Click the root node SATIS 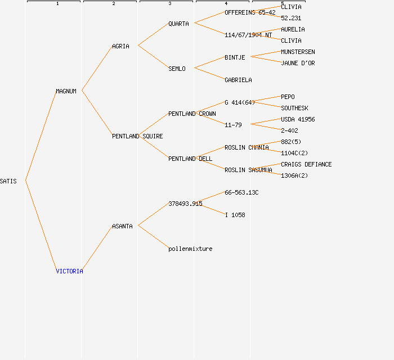(8, 181)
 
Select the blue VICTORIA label (69, 271)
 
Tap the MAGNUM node (66, 91)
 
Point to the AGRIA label (120, 46)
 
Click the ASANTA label (122, 226)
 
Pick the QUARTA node (179, 24)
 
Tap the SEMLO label (177, 69)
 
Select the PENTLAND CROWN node (192, 114)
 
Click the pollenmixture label (190, 249)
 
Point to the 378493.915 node (185, 204)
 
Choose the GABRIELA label (238, 80)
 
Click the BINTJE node (235, 57)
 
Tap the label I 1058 (235, 215)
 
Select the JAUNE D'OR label (298, 63)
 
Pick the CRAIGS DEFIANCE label (306, 164)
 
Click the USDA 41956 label (298, 119)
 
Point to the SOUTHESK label (294, 108)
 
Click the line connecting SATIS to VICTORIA (41, 225)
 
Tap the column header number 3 (169, 4)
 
